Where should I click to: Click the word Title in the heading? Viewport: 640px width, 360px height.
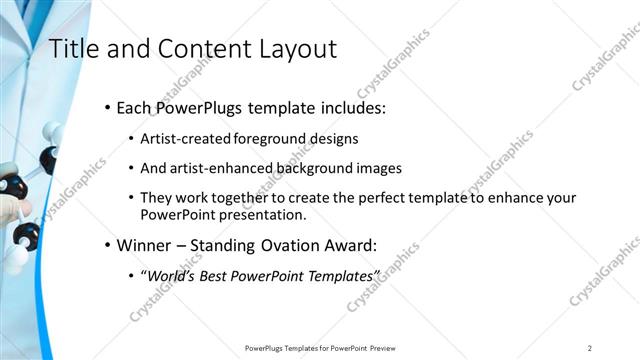(x=72, y=49)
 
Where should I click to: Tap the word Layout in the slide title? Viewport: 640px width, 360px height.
(x=296, y=49)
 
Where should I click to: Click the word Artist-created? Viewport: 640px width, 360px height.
(x=182, y=138)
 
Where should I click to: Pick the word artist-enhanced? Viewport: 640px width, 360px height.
(x=220, y=168)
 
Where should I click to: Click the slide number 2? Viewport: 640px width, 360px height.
(x=590, y=347)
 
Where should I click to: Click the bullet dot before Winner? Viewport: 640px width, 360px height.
(x=107, y=245)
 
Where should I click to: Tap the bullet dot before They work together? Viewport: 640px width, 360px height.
(x=132, y=199)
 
